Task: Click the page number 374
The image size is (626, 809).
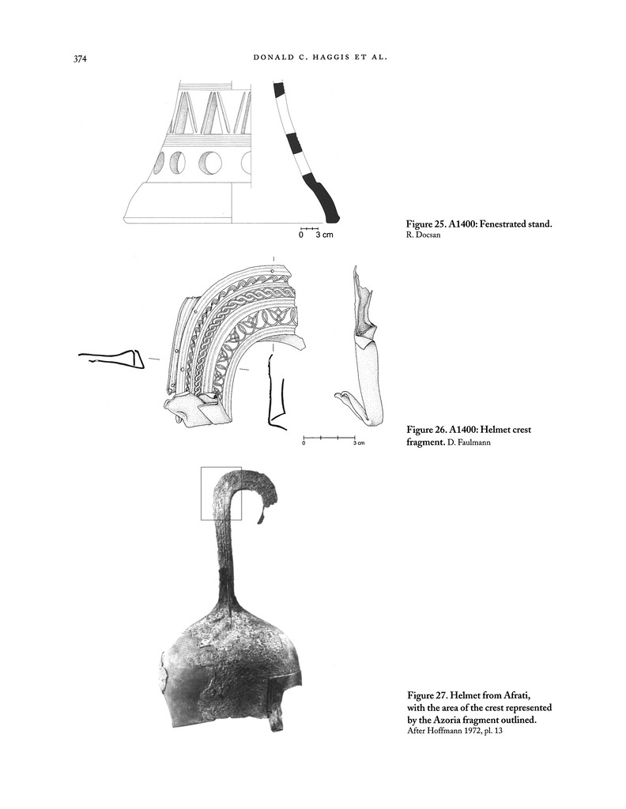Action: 79,58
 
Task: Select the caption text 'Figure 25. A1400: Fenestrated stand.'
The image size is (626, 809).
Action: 478,224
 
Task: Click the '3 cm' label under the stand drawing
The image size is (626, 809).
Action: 325,235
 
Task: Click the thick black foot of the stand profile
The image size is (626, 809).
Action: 326,202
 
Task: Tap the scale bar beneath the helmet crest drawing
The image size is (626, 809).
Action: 330,437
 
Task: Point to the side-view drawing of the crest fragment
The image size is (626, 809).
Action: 364,348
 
